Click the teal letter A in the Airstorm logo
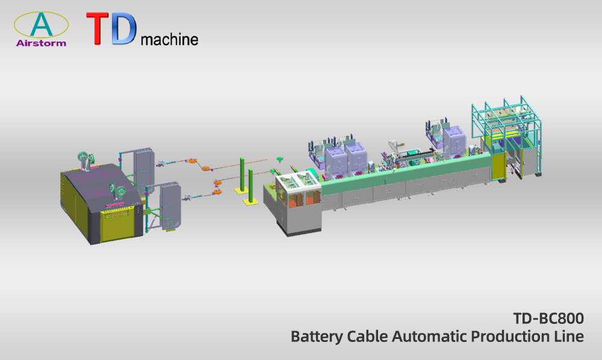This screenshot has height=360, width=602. [42, 24]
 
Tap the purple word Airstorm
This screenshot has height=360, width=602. [41, 43]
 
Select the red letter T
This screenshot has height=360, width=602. [98, 29]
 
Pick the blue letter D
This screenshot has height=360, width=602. [124, 29]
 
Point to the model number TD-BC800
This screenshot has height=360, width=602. [548, 318]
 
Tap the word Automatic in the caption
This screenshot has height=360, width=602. [429, 336]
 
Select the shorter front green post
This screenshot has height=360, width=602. [250, 186]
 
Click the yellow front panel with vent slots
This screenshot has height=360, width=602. [119, 225]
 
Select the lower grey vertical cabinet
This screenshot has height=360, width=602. [170, 206]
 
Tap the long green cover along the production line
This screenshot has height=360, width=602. [405, 170]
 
